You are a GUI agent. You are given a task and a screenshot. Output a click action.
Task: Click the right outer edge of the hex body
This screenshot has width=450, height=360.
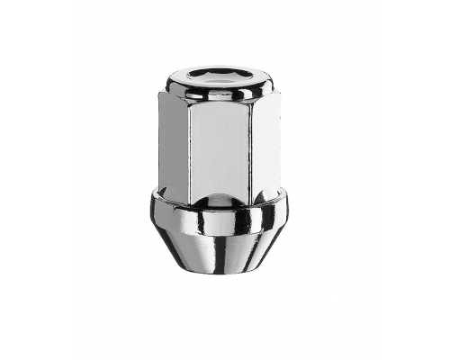[x=277, y=144]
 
